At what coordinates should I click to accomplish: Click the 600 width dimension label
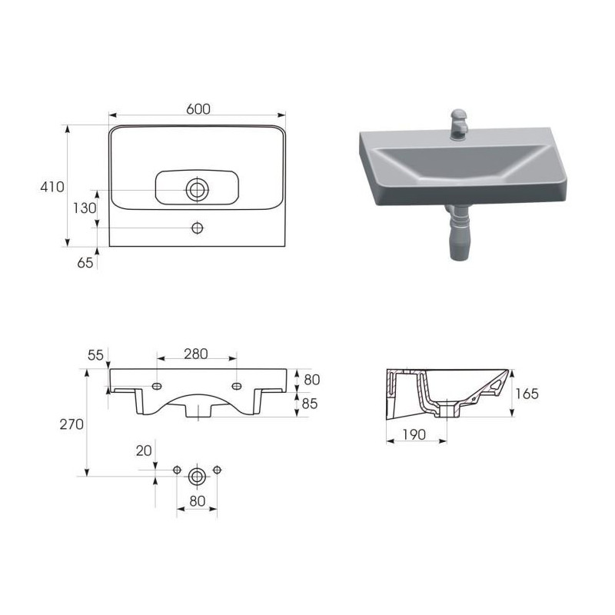point(198,108)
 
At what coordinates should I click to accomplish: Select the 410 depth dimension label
point(52,187)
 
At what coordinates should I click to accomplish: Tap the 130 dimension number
point(85,208)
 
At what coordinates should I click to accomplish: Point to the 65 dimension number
point(85,262)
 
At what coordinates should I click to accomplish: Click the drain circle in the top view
point(197,189)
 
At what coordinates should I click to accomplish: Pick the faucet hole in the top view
point(197,228)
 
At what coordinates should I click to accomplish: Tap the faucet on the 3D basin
point(458,124)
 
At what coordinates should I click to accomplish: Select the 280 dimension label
point(196,354)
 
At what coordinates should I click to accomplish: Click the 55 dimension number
point(95,355)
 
